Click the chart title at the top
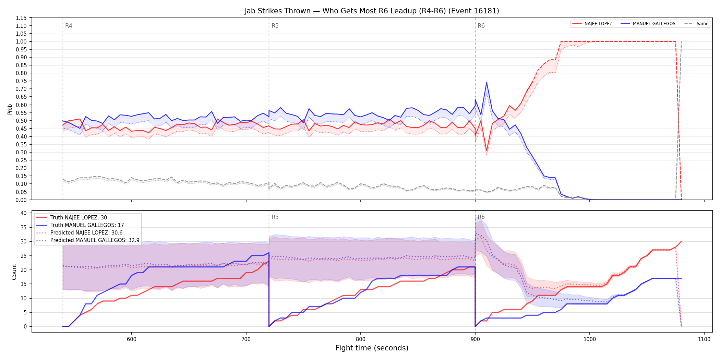[x=372, y=11]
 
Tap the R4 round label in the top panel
[x=69, y=26]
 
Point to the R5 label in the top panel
[x=275, y=26]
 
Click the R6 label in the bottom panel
[x=481, y=217]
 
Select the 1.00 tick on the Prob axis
[x=21, y=41]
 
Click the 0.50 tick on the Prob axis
[x=21, y=121]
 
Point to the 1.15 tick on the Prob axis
[x=21, y=18]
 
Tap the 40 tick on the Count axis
[x=24, y=213]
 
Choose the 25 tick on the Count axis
[x=24, y=256]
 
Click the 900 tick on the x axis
[x=475, y=339]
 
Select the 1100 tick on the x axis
[x=704, y=339]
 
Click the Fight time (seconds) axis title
[x=372, y=348]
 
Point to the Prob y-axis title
[x=10, y=109]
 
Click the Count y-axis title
[x=14, y=272]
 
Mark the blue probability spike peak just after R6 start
[x=487, y=82]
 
